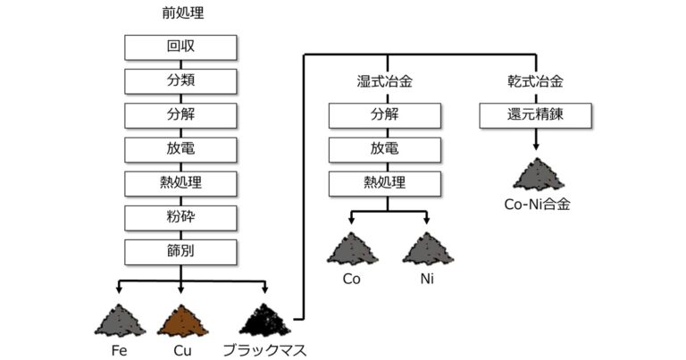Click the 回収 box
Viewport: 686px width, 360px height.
pyautogui.click(x=180, y=47)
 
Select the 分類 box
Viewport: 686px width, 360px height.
pyautogui.click(x=180, y=81)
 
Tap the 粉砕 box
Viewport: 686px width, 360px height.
pyautogui.click(x=180, y=217)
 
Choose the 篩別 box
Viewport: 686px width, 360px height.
pyautogui.click(x=180, y=251)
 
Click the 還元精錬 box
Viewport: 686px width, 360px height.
pyautogui.click(x=535, y=115)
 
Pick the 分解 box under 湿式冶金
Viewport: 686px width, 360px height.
pyautogui.click(x=386, y=115)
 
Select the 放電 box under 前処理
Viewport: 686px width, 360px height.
pyautogui.click(x=180, y=149)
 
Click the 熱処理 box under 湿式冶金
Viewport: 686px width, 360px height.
pyautogui.click(x=386, y=183)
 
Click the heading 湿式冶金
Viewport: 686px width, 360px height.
pyautogui.click(x=385, y=82)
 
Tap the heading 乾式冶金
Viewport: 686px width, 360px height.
pyautogui.click(x=535, y=82)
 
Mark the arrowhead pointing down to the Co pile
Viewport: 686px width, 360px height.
pyautogui.click(x=349, y=221)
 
